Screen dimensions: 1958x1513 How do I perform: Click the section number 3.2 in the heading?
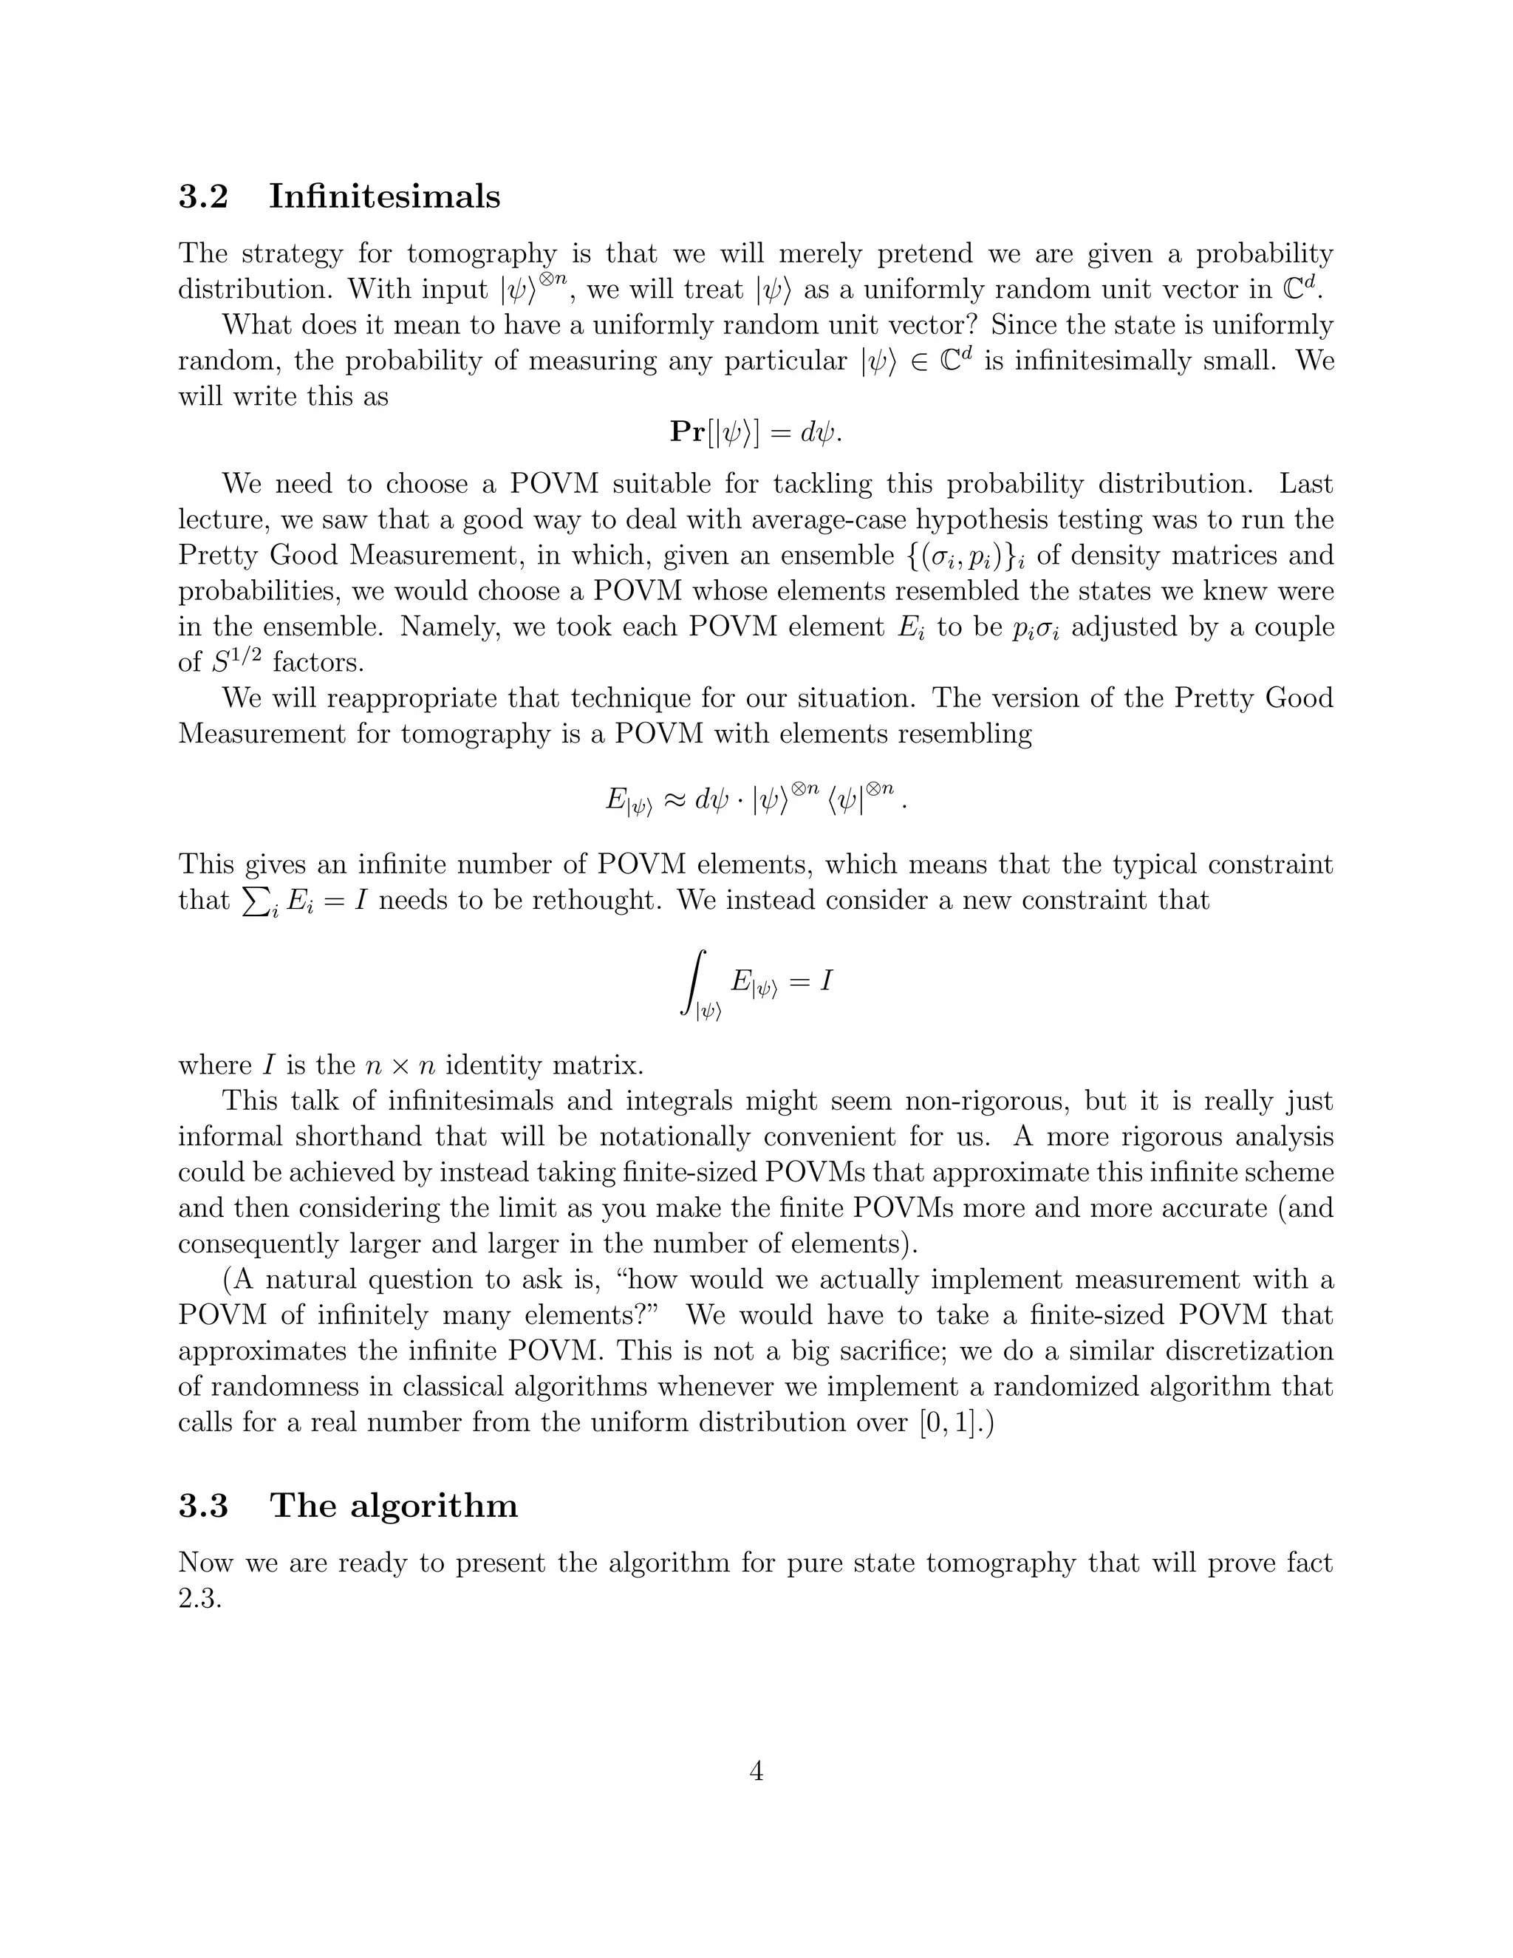click(x=203, y=197)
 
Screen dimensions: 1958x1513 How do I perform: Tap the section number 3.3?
click(x=203, y=1505)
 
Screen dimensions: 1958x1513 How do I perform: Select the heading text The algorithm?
click(x=394, y=1505)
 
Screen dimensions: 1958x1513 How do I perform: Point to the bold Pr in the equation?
click(x=688, y=432)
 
